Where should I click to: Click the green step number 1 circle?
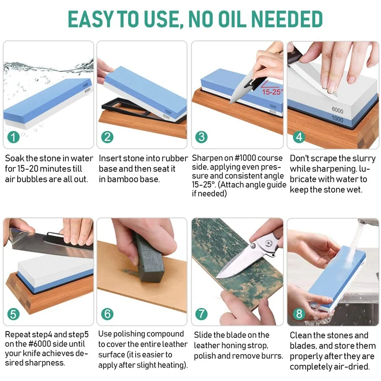[x=13, y=137]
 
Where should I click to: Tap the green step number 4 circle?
[x=299, y=137]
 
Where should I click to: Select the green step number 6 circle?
[x=108, y=314]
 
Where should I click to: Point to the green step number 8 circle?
[x=299, y=314]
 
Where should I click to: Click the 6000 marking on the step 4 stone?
[x=338, y=110]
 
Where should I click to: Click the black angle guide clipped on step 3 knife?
[x=251, y=84]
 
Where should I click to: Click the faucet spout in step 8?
[x=368, y=222]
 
